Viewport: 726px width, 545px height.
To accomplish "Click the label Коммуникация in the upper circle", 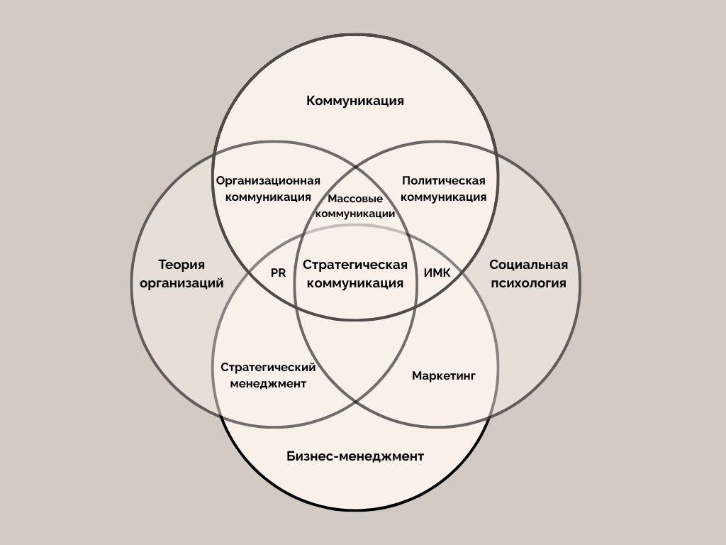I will click(355, 101).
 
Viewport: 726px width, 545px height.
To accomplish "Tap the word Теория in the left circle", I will click(181, 265).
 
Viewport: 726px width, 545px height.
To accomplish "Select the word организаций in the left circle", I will click(181, 283).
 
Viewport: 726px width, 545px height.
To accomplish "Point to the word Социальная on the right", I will click(528, 265).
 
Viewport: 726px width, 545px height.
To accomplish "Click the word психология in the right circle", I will click(528, 283).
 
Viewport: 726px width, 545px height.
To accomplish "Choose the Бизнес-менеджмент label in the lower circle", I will click(355, 456).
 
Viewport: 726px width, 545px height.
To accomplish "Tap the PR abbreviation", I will click(278, 272).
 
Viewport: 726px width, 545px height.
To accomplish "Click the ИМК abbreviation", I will click(437, 272).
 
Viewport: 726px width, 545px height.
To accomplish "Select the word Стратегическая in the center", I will click(355, 265).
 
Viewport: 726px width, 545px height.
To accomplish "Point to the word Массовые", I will click(355, 199).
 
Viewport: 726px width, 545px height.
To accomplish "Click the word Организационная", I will click(268, 180).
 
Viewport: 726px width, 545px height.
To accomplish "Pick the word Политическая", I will click(444, 180).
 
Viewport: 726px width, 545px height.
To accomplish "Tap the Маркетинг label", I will click(444, 375).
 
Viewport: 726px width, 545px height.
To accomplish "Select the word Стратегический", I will click(268, 367).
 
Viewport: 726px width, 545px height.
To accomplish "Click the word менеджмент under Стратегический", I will click(268, 384).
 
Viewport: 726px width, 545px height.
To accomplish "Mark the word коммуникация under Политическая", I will click(444, 197).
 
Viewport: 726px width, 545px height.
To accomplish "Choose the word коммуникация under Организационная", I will click(268, 197).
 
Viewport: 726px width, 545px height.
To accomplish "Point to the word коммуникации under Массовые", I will click(355, 213).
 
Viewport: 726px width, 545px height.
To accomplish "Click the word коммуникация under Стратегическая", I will click(355, 283).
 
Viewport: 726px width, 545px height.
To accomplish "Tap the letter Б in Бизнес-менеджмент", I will click(291, 456).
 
